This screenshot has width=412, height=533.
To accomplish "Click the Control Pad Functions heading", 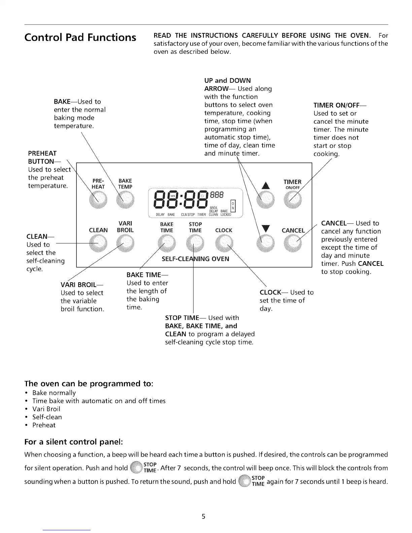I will click(x=80, y=37).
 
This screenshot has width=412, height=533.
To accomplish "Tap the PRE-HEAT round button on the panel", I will click(x=98, y=201).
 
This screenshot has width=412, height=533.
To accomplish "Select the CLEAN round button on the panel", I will click(x=98, y=243).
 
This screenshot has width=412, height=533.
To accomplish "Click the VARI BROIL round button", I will click(x=125, y=243).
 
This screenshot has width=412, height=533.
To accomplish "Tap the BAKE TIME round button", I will click(x=167, y=243).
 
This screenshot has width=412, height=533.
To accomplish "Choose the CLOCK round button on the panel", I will click(x=224, y=243).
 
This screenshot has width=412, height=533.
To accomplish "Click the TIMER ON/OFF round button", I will click(x=293, y=201).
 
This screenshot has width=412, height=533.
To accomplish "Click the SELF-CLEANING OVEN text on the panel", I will click(x=195, y=259).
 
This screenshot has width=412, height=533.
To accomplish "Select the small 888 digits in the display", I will click(x=217, y=195).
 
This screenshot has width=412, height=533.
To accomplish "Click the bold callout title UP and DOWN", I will click(x=228, y=80).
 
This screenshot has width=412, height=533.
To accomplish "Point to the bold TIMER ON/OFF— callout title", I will click(x=340, y=105).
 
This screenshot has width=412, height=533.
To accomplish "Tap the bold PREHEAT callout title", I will click(x=42, y=153).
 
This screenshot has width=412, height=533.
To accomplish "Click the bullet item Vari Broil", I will click(x=46, y=409).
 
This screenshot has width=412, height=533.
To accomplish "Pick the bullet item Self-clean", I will click(x=47, y=417).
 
